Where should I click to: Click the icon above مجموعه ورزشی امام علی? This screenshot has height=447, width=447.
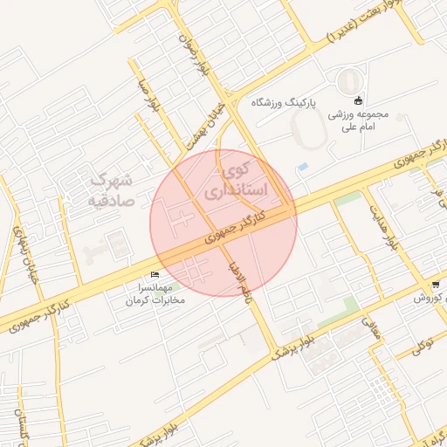358,100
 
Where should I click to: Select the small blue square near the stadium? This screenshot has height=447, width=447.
303,166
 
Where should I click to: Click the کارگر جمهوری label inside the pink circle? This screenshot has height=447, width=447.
238,225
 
